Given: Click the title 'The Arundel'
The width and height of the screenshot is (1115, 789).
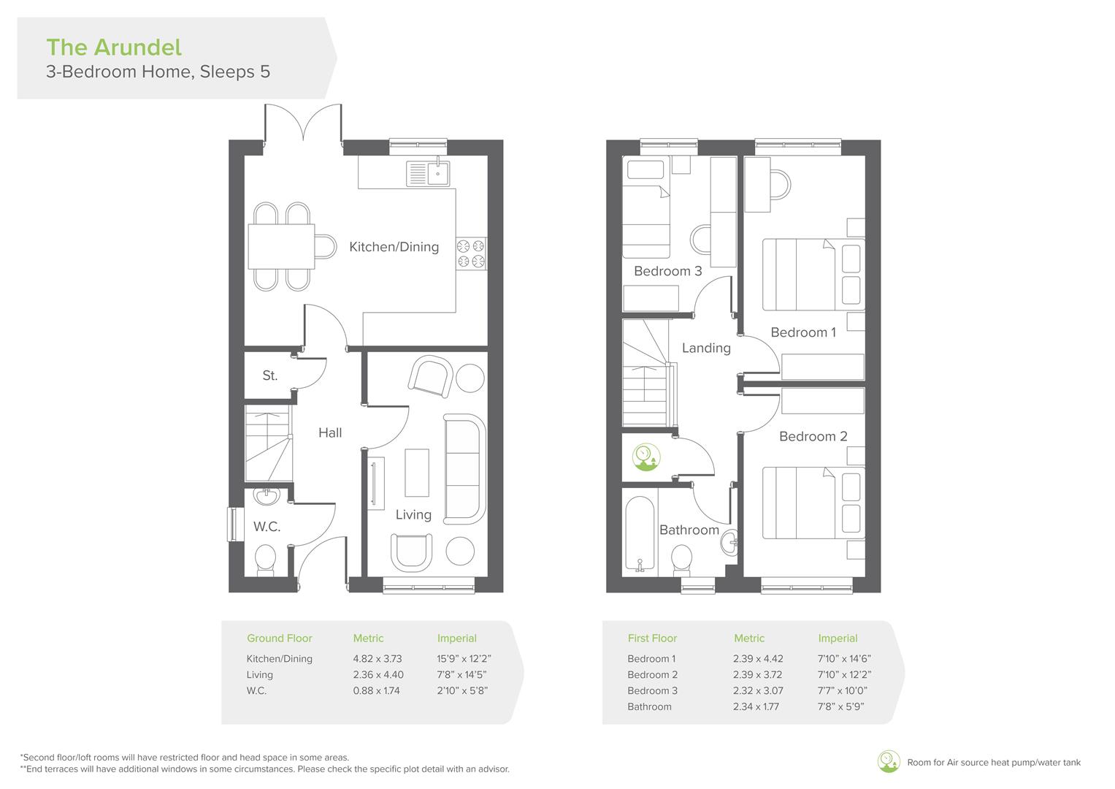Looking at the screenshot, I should [114, 47].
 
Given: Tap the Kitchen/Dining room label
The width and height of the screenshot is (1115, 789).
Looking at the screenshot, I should [394, 247].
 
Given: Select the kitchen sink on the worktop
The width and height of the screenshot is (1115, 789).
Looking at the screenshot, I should [429, 174].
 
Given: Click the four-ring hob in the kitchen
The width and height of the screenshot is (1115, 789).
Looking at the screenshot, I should [471, 254].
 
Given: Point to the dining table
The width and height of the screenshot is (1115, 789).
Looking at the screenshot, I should [281, 247].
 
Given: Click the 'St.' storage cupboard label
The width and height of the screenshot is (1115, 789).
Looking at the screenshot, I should [269, 376].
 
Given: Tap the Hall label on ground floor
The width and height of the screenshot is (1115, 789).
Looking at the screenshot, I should [330, 432].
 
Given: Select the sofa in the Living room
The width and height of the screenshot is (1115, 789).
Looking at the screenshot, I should [464, 469].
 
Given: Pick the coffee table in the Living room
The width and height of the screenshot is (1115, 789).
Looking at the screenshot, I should [417, 473].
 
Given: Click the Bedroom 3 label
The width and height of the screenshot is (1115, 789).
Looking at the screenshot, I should [667, 271].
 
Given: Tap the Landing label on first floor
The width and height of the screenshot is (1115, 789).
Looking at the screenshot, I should [706, 348].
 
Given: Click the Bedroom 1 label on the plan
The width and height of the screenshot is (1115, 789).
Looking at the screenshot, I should [803, 332].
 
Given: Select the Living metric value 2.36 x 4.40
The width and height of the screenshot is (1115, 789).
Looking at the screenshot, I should [378, 675].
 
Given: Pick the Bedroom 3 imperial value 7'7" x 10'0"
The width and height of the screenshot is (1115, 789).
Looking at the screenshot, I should [843, 691].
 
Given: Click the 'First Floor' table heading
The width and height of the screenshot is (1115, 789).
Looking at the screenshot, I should [652, 639].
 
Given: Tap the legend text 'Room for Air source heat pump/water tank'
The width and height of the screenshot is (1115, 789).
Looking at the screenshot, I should [993, 763].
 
